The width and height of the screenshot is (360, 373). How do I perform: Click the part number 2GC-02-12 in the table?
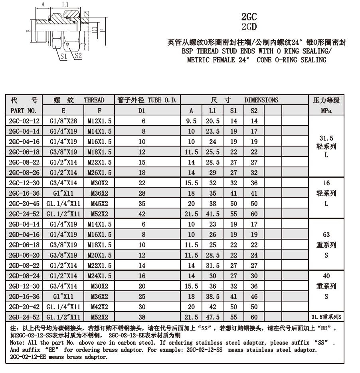[x=24, y=121]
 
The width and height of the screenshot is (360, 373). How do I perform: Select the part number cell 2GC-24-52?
[x=24, y=214]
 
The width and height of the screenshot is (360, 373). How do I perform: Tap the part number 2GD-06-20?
[x=24, y=255]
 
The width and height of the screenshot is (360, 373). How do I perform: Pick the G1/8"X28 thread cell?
[x=63, y=121]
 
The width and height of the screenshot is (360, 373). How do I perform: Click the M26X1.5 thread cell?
[x=99, y=173]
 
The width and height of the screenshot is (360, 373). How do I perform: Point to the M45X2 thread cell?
[x=99, y=204]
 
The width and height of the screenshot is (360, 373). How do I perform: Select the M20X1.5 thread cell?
[x=99, y=255]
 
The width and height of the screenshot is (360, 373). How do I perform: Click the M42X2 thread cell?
[x=99, y=307]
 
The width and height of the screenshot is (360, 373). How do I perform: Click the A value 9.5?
[x=192, y=121]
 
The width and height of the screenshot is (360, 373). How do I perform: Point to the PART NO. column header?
[x=24, y=111]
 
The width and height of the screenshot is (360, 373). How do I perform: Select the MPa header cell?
[x=326, y=111]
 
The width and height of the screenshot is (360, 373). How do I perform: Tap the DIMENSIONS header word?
[x=261, y=100]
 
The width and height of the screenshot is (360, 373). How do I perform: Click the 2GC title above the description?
[x=249, y=17]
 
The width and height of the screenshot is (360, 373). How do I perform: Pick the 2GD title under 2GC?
[x=249, y=27]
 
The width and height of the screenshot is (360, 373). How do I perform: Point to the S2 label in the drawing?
[x=77, y=56]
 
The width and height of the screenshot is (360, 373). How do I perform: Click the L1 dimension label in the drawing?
[x=65, y=5]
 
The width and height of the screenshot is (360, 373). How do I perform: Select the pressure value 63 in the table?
[x=326, y=235]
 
